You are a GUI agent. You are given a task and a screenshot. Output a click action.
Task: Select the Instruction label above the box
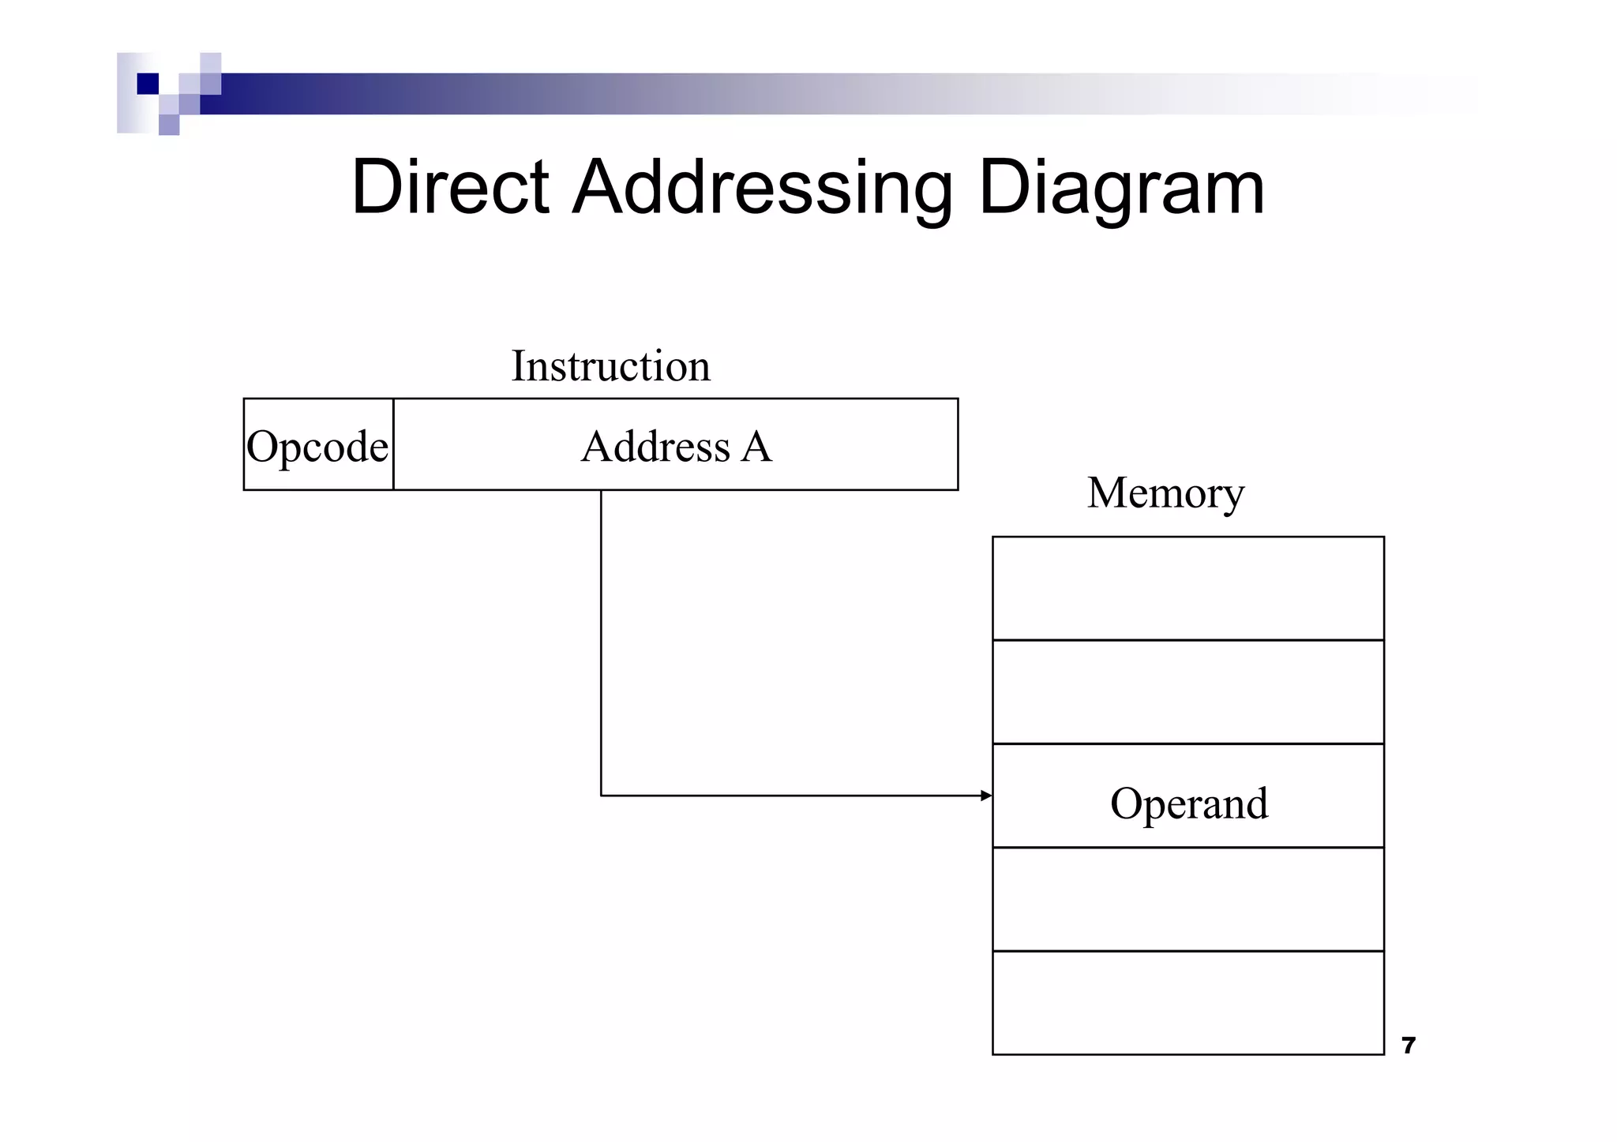pos(610,366)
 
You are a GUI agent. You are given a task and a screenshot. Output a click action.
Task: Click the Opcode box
pos(317,445)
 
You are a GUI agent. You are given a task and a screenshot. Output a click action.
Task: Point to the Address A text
pos(676,446)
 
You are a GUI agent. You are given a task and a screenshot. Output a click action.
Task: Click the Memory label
pos(1165,492)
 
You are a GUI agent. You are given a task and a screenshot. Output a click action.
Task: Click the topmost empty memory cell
pos(1188,588)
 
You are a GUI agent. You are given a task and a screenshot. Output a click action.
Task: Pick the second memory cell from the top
pos(1188,691)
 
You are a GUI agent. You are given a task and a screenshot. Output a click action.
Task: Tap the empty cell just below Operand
pos(1188,899)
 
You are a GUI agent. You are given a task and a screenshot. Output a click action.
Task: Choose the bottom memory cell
pos(1188,1002)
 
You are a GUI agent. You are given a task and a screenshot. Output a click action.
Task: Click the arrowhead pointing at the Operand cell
pos(986,796)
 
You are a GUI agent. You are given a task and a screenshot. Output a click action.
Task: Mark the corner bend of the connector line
pos(602,795)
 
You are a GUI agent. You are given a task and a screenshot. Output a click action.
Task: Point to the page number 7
pos(1408,1046)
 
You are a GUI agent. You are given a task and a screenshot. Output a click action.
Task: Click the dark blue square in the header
pos(148,84)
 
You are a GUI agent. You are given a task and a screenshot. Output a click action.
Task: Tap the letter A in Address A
pos(756,446)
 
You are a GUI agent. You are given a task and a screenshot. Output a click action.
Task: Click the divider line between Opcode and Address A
pos(393,444)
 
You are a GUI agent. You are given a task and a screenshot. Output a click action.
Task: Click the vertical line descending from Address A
pos(601,631)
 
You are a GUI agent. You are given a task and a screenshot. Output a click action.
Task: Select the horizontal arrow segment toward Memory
pos(790,796)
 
